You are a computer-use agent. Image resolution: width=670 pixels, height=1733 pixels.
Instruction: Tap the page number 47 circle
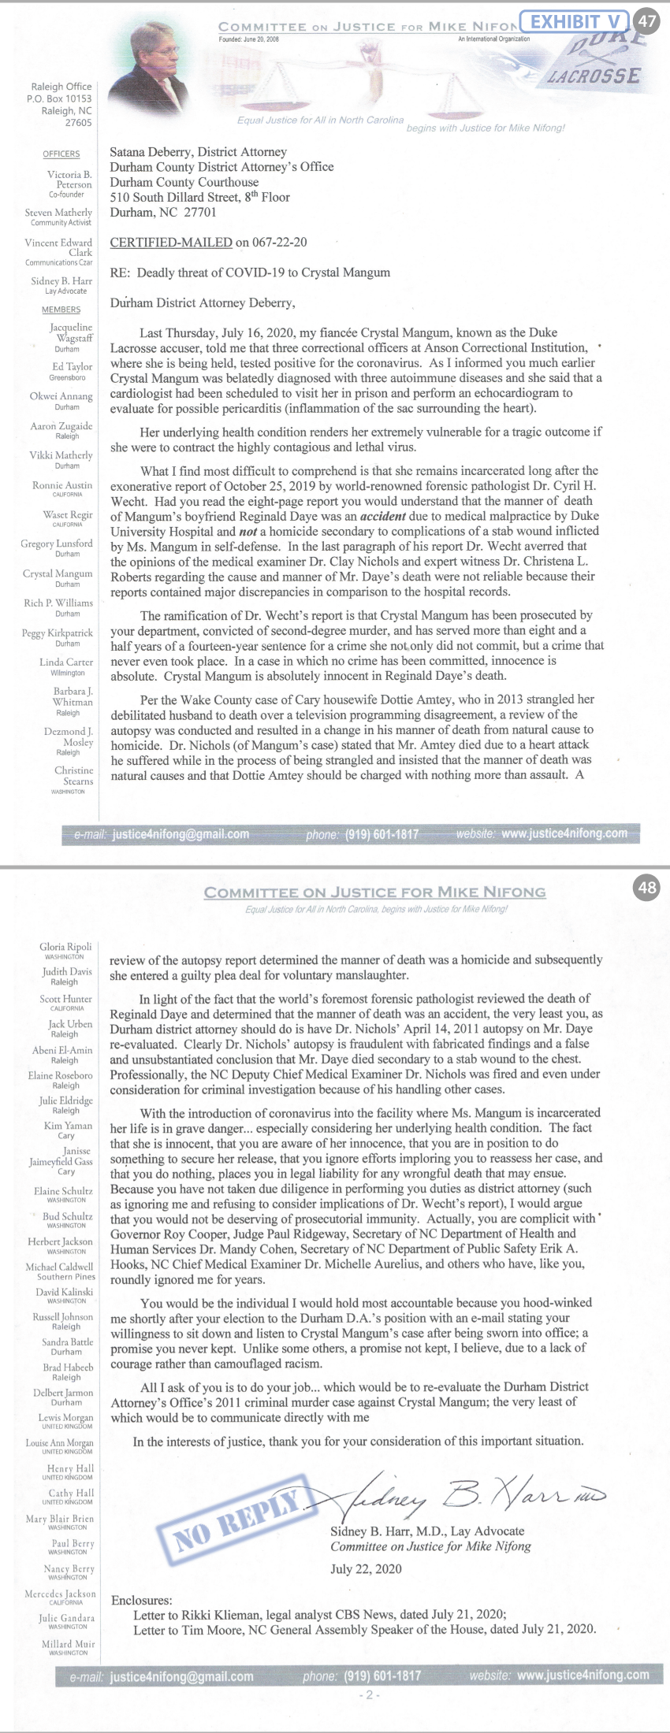coord(646,21)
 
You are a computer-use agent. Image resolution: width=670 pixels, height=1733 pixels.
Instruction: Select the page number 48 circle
coord(646,888)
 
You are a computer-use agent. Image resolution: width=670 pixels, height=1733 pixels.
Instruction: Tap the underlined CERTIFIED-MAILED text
coord(171,243)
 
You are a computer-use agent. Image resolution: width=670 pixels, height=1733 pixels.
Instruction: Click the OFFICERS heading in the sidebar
coord(61,154)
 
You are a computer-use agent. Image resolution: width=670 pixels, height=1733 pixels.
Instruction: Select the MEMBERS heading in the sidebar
coord(61,310)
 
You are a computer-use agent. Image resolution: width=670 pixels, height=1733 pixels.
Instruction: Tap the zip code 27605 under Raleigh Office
coord(78,123)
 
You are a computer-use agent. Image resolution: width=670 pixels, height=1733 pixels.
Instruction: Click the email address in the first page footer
coord(181,834)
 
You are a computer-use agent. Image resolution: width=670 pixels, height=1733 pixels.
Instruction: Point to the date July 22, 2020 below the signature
coord(366,1568)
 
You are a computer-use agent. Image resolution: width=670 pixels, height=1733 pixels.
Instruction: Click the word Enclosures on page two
coord(140,1601)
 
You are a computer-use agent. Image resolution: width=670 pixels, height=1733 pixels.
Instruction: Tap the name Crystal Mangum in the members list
coord(58,573)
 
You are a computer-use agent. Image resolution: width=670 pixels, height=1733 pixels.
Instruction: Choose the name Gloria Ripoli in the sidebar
coord(65,946)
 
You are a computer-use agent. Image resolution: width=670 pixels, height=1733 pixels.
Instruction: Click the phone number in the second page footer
coord(382,1675)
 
